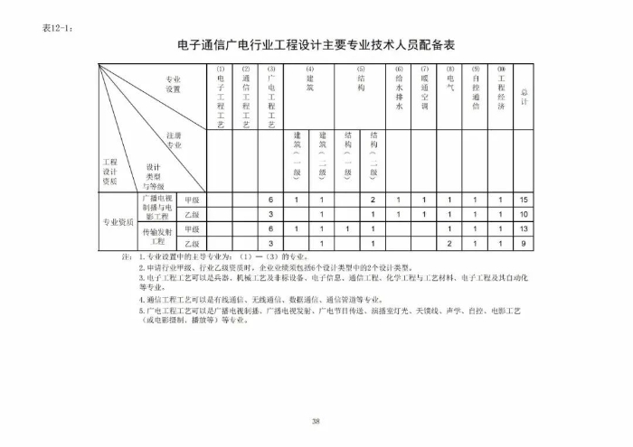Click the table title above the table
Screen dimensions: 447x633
click(x=316, y=43)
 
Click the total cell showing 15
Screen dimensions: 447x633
click(x=524, y=200)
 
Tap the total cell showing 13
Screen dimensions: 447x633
click(x=524, y=229)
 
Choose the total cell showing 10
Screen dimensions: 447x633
click(x=524, y=215)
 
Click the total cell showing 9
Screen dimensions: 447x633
click(x=524, y=244)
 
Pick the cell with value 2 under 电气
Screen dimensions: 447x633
click(x=449, y=244)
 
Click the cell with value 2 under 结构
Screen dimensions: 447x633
click(x=373, y=200)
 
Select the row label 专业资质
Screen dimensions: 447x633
click(x=117, y=221)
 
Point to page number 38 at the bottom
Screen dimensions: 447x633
click(x=316, y=421)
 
